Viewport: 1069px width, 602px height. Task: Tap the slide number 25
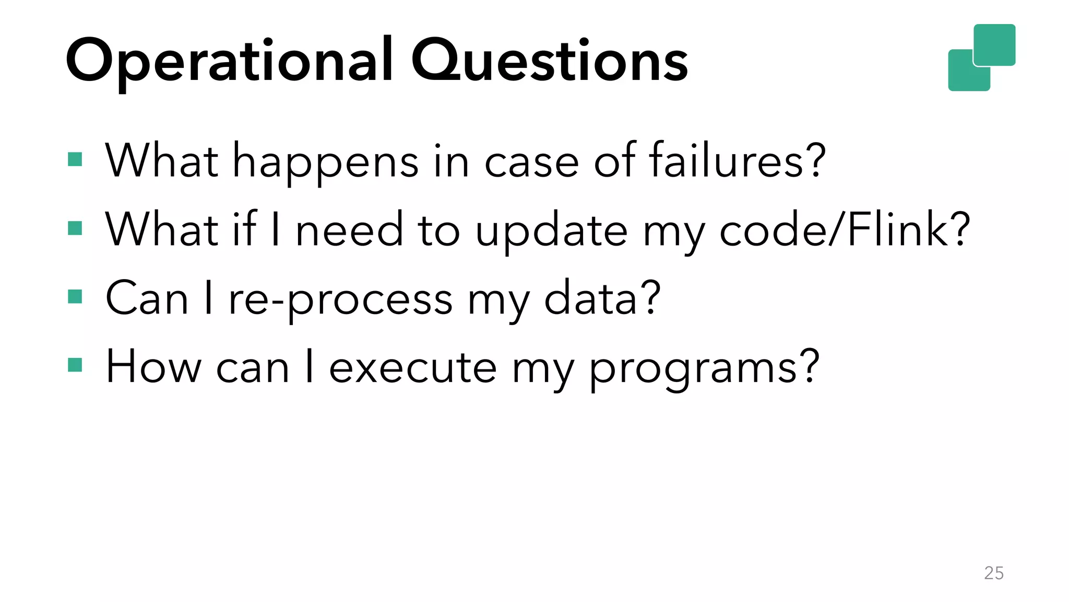(993, 573)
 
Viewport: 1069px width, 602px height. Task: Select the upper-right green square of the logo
(995, 44)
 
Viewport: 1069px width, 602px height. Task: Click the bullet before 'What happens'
(75, 159)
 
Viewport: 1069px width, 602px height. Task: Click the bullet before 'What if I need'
(75, 228)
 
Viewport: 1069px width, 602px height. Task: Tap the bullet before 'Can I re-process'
(75, 297)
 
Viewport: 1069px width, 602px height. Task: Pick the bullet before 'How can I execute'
(75, 365)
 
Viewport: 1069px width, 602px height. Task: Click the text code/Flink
(845, 230)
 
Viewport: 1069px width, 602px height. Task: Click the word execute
(412, 368)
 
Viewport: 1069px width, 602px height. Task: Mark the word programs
(704, 369)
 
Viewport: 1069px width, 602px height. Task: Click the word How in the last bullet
(153, 367)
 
